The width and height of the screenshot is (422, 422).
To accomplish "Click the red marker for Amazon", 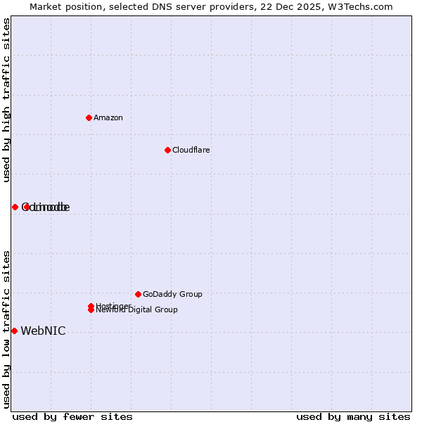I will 89,117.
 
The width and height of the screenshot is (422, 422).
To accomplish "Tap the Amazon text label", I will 108,117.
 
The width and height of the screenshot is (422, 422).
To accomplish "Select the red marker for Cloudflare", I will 167,150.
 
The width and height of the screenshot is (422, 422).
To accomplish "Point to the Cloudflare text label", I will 191,150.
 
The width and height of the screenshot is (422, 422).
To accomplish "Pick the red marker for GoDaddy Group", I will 138,294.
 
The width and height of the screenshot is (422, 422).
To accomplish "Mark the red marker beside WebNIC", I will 14,331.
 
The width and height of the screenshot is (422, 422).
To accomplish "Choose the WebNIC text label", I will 43,331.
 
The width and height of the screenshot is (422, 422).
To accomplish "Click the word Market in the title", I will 46,6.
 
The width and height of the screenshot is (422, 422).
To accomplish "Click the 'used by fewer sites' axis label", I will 72,416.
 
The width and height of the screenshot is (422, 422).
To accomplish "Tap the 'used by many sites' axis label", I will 353,416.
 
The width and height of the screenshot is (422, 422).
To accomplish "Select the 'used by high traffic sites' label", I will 6,100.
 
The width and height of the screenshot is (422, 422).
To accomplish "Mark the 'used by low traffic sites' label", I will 6,328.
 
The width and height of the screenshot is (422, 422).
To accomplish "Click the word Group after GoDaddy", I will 191,294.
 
